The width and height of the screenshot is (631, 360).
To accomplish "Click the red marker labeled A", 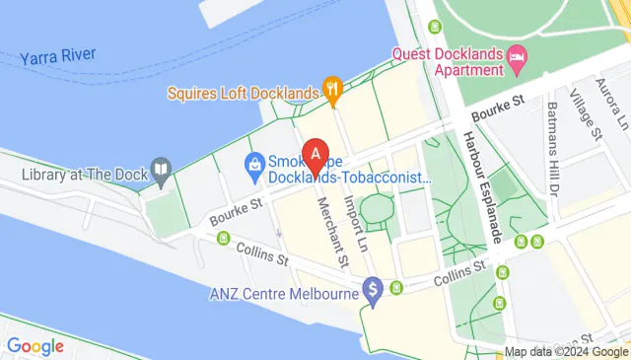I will pos(315,155).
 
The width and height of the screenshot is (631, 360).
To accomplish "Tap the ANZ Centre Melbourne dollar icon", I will pos(372,291).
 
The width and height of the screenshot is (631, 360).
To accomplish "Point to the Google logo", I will pos(35,346).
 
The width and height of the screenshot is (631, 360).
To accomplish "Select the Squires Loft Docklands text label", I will pos(244,94).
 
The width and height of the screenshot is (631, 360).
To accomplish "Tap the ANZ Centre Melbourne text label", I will pos(282,294).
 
